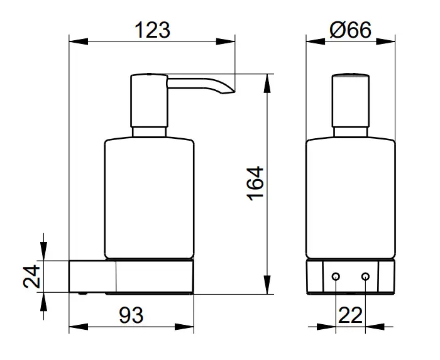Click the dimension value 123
click(x=152, y=30)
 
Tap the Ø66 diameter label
click(x=351, y=30)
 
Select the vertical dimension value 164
click(x=255, y=183)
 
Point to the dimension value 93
click(x=131, y=315)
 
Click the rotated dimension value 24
click(x=31, y=276)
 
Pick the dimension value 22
click(x=351, y=315)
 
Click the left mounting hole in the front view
click(x=336, y=276)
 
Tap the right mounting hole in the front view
click(x=365, y=276)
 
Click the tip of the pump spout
click(x=234, y=92)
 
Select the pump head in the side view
click(x=149, y=101)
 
